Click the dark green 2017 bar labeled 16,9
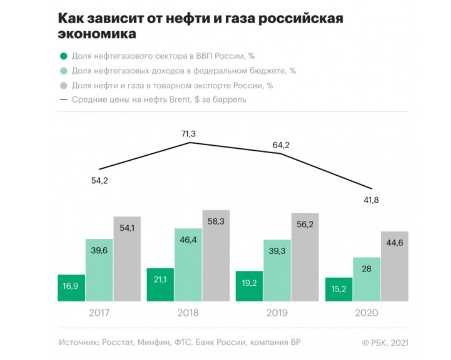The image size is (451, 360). pos(71,288)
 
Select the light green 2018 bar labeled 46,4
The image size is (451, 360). pos(188,265)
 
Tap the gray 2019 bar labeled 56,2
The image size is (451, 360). pos(304,257)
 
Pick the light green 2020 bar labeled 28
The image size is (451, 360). pos(366,279)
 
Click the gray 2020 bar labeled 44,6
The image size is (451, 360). pos(394,266)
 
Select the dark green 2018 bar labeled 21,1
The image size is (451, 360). pos(160,285)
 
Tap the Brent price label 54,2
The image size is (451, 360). pos(99,181)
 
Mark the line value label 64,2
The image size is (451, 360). pos(280,145)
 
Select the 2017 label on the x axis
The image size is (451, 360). pos(99,313)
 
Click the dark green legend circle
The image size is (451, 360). pos(63,56)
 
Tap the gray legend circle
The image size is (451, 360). pos(63,85)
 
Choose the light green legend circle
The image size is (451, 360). pos(63,71)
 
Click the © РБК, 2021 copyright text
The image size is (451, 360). pos(385,343)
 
